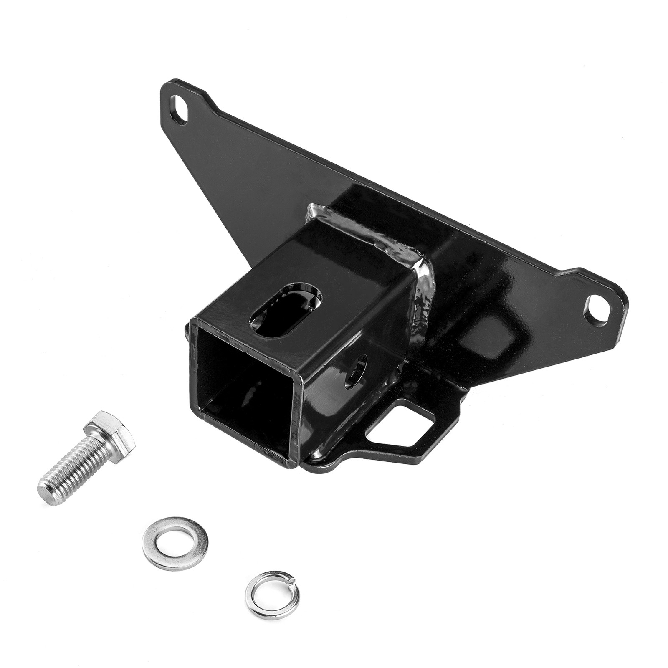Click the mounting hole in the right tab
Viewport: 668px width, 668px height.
[596, 311]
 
